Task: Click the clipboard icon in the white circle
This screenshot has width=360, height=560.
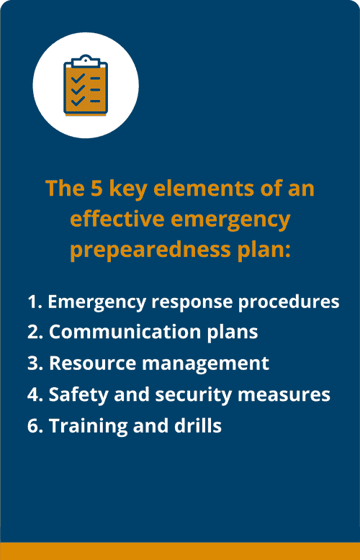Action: coord(86,86)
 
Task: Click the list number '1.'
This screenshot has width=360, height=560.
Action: coord(35,302)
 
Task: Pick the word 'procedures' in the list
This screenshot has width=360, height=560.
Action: coord(295,302)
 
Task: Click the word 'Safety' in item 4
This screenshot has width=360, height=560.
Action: coord(76,394)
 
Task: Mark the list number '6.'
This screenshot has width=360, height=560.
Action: coord(35,425)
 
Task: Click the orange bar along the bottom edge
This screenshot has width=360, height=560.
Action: coord(180,551)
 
